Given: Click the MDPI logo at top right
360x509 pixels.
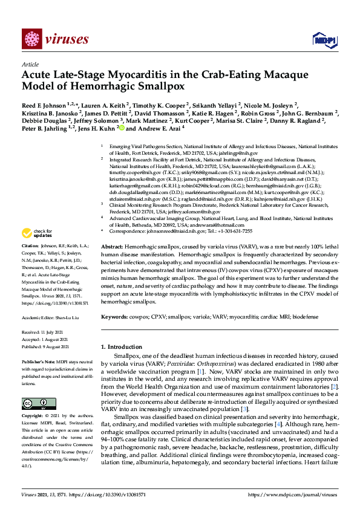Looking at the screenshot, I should pos(323,40).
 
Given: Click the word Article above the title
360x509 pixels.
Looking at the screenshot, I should pos(30,63).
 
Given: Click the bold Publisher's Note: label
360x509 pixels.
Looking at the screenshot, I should pos(39,361).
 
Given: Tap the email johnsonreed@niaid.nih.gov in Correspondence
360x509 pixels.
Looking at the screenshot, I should pos(166,231).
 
